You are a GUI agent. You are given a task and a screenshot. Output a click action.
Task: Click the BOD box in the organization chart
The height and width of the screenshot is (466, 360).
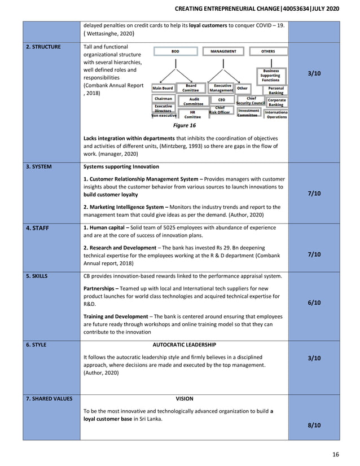pyautogui.click(x=175, y=51)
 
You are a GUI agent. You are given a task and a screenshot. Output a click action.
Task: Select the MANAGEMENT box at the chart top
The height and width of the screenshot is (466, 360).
pyautogui.click(x=223, y=51)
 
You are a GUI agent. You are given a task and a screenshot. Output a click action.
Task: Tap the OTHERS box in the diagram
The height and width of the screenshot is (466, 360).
pyautogui.click(x=268, y=51)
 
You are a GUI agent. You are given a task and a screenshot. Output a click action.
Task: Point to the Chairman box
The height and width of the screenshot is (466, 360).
pyautogui.click(x=163, y=99)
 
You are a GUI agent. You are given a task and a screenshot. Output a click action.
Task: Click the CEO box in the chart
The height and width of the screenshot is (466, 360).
pyautogui.click(x=221, y=99)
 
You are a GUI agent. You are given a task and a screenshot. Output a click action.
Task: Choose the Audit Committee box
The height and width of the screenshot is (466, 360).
pyautogui.click(x=194, y=101)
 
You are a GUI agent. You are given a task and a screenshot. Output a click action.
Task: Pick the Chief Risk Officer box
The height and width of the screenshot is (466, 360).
pyautogui.click(x=219, y=110)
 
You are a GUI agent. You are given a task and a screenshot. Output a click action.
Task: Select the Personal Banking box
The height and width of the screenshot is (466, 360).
pyautogui.click(x=276, y=90)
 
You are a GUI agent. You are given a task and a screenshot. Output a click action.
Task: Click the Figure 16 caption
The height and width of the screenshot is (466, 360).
pyautogui.click(x=184, y=125)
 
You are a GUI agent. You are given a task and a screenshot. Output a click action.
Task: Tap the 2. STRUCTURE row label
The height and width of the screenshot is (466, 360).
pyautogui.click(x=44, y=47)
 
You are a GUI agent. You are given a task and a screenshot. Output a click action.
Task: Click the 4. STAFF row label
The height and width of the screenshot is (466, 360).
pyautogui.click(x=38, y=228)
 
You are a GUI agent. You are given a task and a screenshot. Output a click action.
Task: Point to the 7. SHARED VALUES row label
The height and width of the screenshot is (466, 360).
pyautogui.click(x=49, y=399)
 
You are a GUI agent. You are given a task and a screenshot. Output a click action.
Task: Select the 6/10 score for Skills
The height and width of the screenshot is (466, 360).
pyautogui.click(x=314, y=303)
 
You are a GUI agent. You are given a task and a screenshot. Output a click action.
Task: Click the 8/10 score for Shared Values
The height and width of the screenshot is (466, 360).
pyautogui.click(x=314, y=425)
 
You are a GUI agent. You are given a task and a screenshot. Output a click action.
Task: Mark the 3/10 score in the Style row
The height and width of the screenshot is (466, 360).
pyautogui.click(x=314, y=358)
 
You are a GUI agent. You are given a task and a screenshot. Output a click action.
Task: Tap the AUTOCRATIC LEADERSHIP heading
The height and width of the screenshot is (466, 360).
pyautogui.click(x=184, y=345)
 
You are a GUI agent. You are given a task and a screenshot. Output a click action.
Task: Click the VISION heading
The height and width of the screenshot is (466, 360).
pyautogui.click(x=184, y=399)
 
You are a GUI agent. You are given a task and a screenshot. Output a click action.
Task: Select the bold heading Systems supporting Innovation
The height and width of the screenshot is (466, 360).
pyautogui.click(x=121, y=167)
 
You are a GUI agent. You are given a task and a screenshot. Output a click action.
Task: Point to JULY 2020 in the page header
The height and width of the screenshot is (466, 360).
pyautogui.click(x=326, y=9)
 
